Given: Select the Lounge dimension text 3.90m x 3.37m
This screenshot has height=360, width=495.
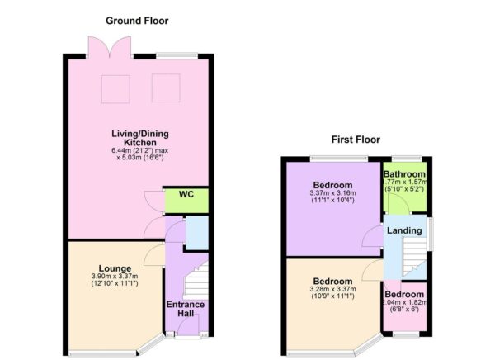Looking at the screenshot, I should point(115,277).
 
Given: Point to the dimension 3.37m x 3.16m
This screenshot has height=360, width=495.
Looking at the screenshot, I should point(332,193).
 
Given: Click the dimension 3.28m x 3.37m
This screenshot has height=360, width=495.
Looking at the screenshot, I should point(333,290).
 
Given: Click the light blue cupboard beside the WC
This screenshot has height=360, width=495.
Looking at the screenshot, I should point(197,232).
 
